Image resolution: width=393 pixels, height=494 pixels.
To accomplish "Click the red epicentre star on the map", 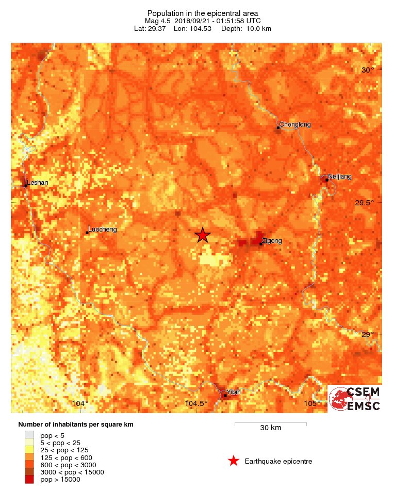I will (x=203, y=235).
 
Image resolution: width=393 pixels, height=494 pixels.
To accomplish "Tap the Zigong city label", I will (x=272, y=240).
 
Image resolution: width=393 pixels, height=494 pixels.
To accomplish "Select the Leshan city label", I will (x=37, y=182).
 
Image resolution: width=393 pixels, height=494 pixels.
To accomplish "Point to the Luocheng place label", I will (x=103, y=229).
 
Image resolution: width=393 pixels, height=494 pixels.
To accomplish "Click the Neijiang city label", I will (x=340, y=177).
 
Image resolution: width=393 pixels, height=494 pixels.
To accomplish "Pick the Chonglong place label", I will (x=295, y=124).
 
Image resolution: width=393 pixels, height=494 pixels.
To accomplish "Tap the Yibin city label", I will (x=234, y=392).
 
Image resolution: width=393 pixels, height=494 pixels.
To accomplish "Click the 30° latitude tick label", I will (x=368, y=70).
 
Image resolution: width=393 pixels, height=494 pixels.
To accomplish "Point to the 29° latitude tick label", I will (x=368, y=334).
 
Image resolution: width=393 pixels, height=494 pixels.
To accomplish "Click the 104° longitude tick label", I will (x=80, y=403).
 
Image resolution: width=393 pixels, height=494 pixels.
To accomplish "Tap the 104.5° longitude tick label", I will (x=196, y=403).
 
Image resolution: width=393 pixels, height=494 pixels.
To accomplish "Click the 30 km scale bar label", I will (x=270, y=428).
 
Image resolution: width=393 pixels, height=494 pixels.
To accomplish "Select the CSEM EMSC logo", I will (x=355, y=399).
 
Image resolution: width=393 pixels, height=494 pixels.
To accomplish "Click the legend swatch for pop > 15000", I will (x=30, y=480).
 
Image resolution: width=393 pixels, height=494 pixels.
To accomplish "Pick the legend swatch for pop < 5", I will (x=30, y=435).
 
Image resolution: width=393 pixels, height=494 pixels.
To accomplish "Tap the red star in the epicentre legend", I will (x=234, y=461).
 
